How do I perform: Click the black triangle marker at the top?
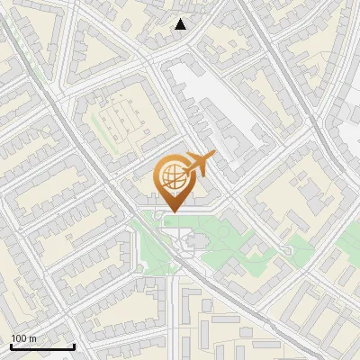pyautogui.click(x=181, y=23)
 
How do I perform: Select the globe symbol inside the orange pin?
pyautogui.click(x=171, y=175)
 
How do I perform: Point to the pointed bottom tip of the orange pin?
pyautogui.click(x=171, y=211)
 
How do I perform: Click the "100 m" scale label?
pyautogui.click(x=23, y=337)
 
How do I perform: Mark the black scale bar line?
pyautogui.click(x=42, y=346)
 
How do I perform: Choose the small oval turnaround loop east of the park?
pyautogui.click(x=287, y=249)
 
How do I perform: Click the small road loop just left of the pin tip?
pyautogui.click(x=159, y=214)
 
